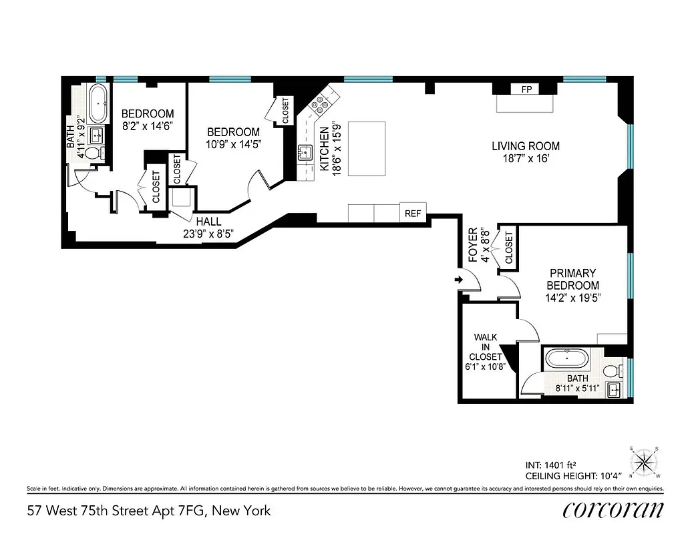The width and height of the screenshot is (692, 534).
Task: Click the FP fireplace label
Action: (x=526, y=89)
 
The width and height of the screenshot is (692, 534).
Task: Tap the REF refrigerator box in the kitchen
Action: (x=413, y=214)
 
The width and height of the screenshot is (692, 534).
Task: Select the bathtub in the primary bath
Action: (x=568, y=360)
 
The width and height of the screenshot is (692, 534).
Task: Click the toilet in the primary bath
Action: (x=611, y=370)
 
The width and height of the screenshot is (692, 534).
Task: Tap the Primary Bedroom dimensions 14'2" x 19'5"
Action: (x=572, y=298)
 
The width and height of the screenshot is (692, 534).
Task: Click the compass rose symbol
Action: (x=644, y=461)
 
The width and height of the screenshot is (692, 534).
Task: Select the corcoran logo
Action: (x=613, y=510)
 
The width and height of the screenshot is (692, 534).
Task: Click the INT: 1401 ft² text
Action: (x=551, y=465)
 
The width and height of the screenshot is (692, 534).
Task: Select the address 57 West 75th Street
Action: (x=149, y=511)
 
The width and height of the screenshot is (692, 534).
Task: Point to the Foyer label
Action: (x=473, y=245)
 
